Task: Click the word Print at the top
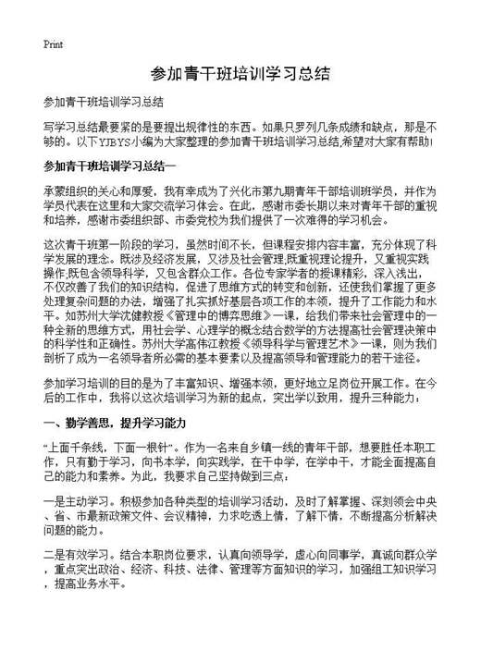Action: pos(53,44)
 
